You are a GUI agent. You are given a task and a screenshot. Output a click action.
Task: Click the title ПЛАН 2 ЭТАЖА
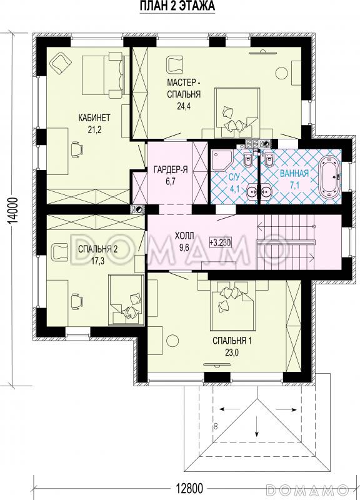coord(177,6)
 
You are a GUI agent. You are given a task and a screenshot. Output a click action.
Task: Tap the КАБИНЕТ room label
coord(94,117)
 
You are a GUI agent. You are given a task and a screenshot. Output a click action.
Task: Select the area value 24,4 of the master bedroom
coord(184,106)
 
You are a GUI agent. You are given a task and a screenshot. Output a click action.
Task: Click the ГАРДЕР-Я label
coord(170,170)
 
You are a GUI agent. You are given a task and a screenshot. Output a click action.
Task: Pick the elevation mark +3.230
coord(220,242)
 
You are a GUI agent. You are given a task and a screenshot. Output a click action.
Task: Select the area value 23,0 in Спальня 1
coord(232,352)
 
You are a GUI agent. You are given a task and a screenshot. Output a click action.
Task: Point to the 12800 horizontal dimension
coord(189,488)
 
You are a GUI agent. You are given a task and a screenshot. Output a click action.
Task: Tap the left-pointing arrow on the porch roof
coord(226,409)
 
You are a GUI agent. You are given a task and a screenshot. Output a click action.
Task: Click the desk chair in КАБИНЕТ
coord(77,149)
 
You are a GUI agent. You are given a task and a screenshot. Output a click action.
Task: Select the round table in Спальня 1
coord(173,341)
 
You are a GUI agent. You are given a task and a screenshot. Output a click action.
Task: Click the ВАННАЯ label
coord(294,173)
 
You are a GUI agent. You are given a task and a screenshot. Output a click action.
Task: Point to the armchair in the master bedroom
coord(174,64)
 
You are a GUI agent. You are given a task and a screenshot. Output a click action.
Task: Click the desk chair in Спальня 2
coord(77,301)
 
